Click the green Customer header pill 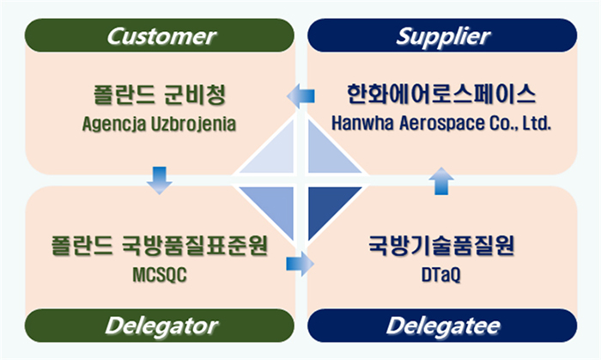[x=160, y=35]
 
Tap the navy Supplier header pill [x=442, y=35]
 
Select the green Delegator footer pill [x=160, y=326]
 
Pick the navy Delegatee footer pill [x=442, y=326]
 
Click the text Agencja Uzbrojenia [x=159, y=125]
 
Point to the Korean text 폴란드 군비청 [x=160, y=95]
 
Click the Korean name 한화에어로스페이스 [x=440, y=94]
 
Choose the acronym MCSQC [x=160, y=274]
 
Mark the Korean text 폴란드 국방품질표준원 [x=160, y=245]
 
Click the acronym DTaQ [x=440, y=274]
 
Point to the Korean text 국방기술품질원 [x=441, y=245]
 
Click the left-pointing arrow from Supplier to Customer [x=300, y=96]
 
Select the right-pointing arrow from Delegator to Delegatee [x=300, y=264]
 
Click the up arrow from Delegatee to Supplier [x=441, y=181]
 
